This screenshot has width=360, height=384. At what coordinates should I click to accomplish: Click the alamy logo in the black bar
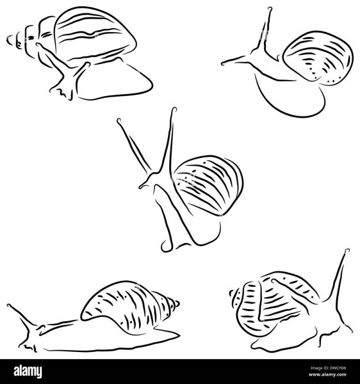[28, 371]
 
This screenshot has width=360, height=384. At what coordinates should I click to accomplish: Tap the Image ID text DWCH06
[328, 368]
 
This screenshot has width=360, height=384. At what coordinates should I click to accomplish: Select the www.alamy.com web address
[327, 374]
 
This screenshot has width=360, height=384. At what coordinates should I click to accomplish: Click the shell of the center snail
[208, 186]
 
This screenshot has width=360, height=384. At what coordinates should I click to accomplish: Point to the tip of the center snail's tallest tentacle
[174, 109]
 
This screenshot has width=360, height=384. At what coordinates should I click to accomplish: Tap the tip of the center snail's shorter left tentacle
[119, 120]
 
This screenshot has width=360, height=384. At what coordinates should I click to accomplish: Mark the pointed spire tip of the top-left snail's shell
[8, 40]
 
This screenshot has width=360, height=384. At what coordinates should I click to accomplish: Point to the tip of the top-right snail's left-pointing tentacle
[222, 64]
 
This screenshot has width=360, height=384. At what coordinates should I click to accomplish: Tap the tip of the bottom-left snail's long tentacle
[8, 306]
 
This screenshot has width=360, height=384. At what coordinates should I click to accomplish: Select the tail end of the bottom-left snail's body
[179, 335]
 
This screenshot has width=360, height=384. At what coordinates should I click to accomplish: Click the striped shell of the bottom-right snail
[272, 303]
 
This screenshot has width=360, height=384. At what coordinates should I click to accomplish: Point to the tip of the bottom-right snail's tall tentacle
[347, 250]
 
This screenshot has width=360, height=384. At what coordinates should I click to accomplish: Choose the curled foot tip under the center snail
[165, 247]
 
